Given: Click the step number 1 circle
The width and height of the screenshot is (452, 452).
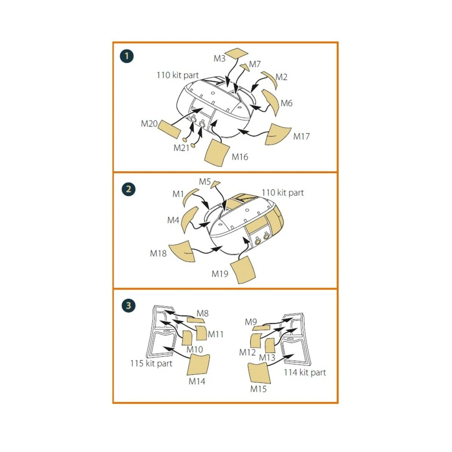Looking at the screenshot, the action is point(127,56).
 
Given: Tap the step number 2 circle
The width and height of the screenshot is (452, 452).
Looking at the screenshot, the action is point(128,189).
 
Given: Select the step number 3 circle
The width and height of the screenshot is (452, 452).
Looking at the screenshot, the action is point(128,305).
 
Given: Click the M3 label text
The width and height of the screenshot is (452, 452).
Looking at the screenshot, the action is point(219,58).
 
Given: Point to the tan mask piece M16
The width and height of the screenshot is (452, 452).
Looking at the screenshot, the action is point(217,153).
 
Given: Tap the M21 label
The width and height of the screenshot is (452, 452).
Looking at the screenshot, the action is point(181,148).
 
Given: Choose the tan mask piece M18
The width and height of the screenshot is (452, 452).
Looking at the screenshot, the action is point(182,251).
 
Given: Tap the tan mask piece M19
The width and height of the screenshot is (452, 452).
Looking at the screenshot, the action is point(243,270).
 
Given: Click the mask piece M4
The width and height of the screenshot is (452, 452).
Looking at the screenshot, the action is point(190,219).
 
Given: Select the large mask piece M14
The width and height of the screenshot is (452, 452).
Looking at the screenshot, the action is point(198,365).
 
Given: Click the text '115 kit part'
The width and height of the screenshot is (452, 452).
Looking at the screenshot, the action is point(151,363).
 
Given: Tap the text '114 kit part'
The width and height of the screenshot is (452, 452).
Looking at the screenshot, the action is point(305,373).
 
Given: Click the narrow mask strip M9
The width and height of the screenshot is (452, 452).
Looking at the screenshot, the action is point(261,327).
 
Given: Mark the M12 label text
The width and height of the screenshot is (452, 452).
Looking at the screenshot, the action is point(247,352).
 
